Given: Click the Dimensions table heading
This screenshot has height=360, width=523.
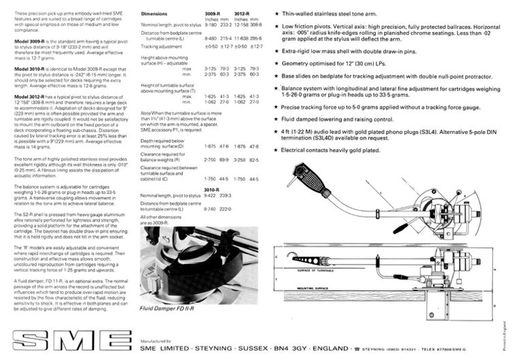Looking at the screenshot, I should click(x=157, y=14).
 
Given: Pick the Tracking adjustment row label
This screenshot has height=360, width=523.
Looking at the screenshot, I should click(x=161, y=46).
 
